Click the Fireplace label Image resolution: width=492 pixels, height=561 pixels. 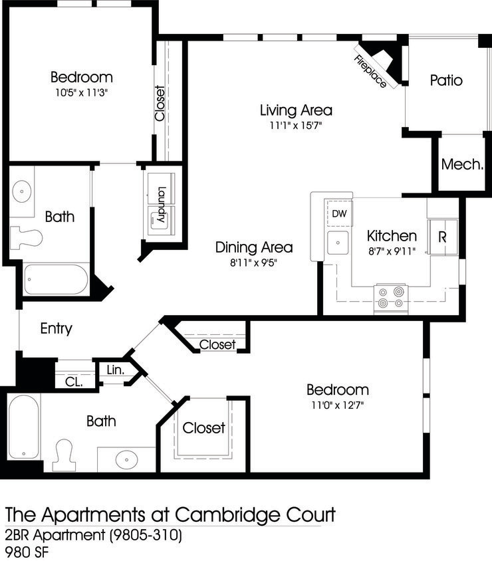[x=370, y=72]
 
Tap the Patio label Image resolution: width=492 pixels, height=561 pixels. [x=446, y=81]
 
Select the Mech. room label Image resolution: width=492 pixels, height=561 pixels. [x=462, y=164]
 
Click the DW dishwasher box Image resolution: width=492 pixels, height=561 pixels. [x=339, y=213]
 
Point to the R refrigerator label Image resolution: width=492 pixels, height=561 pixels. [x=441, y=237]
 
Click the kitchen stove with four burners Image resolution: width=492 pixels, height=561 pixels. [x=391, y=297]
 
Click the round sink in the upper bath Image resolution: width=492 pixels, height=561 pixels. [x=22, y=191]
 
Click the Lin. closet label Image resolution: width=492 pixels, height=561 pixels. [x=114, y=370]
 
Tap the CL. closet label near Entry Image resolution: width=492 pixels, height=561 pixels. [x=74, y=382]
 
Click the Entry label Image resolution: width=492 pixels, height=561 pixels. [x=57, y=329]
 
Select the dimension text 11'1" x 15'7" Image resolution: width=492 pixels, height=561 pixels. [x=296, y=125]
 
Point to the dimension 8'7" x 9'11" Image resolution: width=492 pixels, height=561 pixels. [x=392, y=251]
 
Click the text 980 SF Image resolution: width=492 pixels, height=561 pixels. [x=27, y=552]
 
